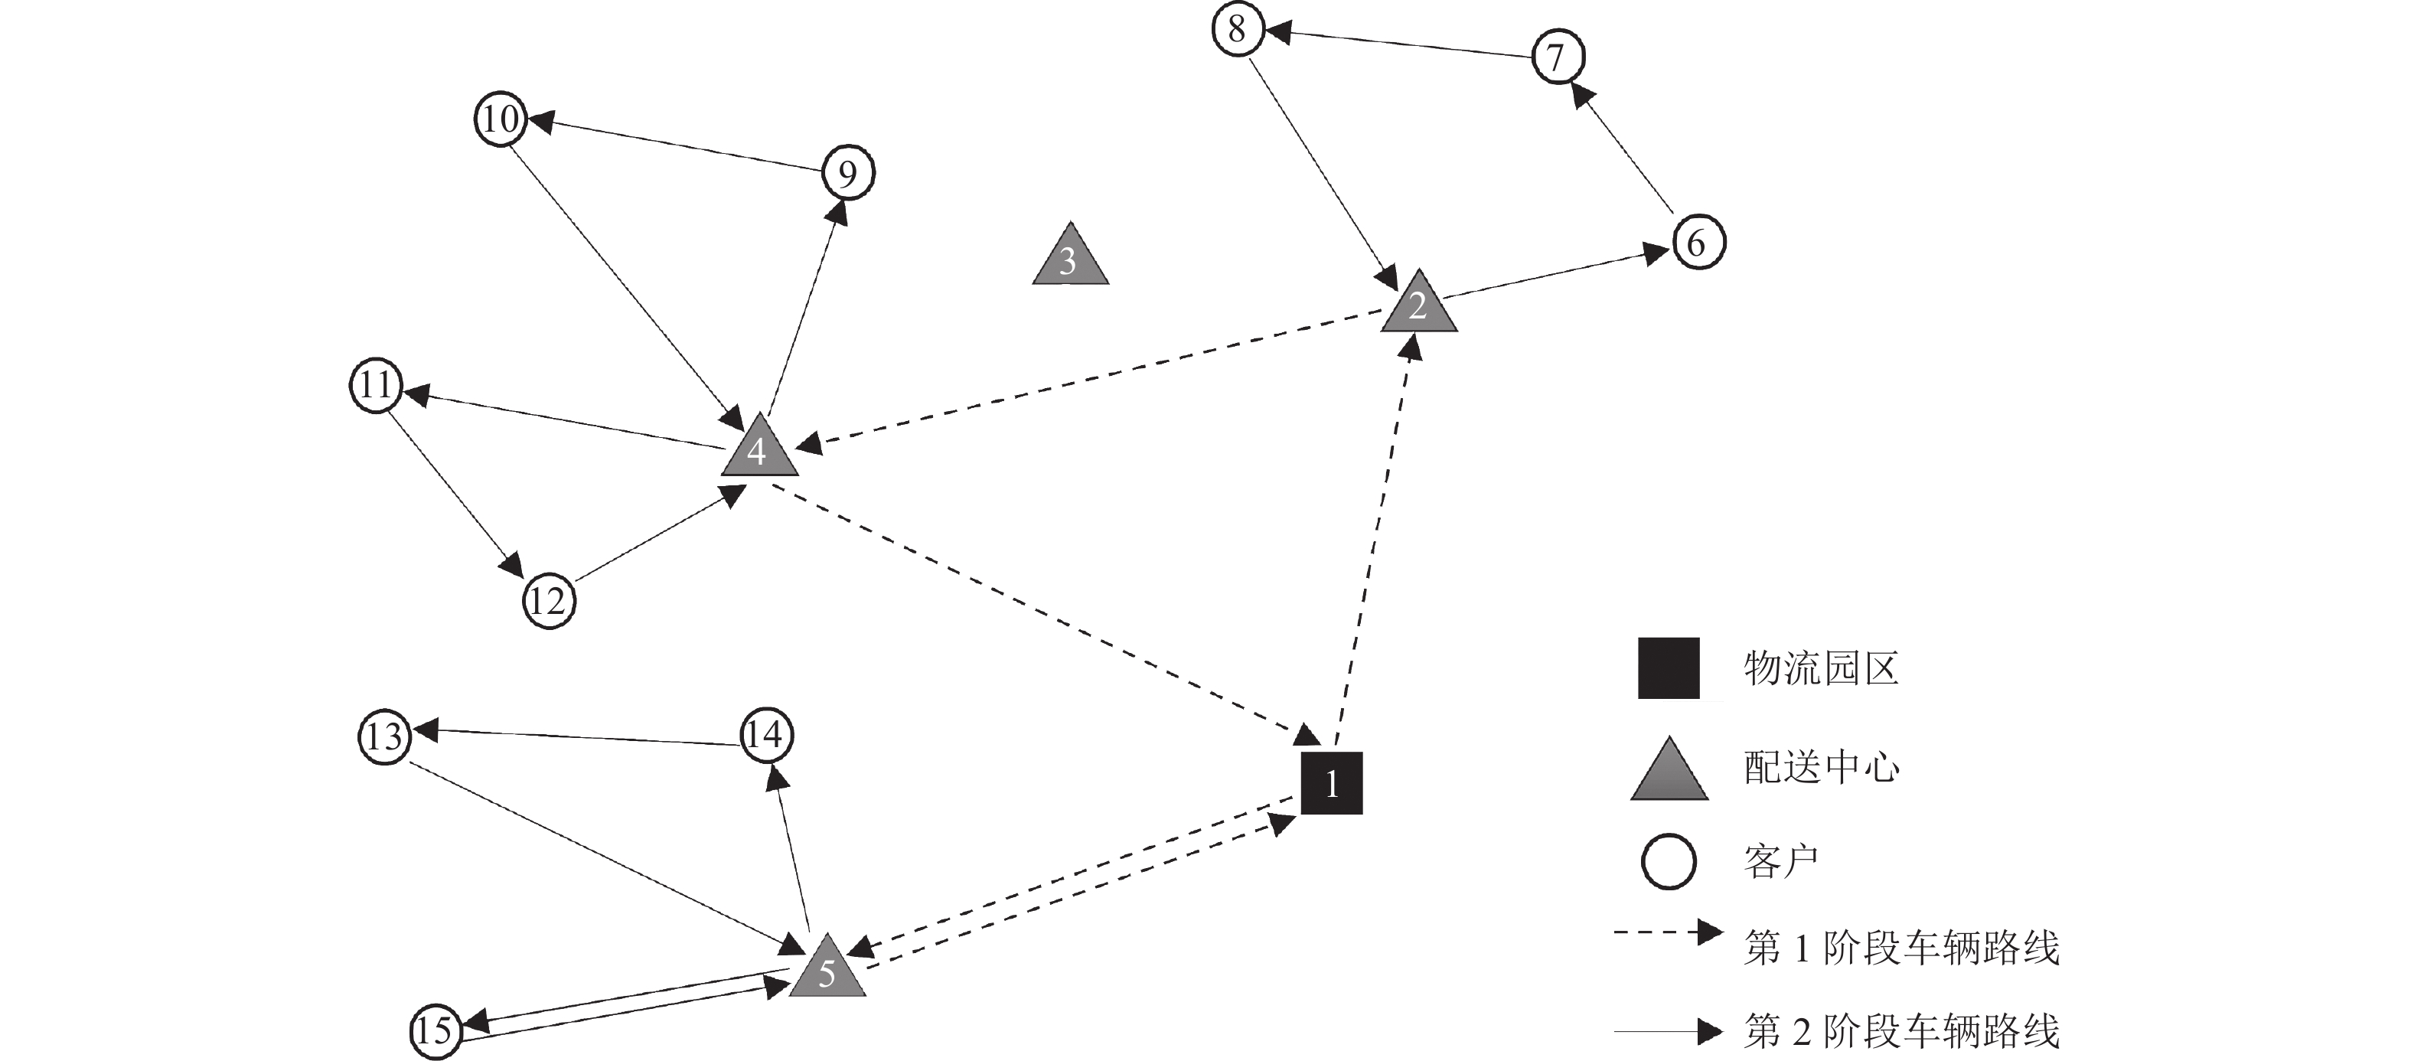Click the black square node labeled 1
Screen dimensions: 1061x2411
[1331, 783]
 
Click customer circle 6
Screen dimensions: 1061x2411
[1698, 243]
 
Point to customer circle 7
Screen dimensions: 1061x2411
[1558, 56]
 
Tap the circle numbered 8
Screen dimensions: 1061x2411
[1238, 29]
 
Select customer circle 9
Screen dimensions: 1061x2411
[848, 173]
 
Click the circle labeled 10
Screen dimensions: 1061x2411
[501, 119]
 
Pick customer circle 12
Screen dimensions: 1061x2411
[549, 600]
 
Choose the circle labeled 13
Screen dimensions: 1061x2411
[385, 737]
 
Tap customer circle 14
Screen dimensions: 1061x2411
[766, 734]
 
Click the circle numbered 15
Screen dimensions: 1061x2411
[436, 1030]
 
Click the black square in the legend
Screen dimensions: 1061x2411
[1668, 668]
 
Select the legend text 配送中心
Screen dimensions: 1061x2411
[1820, 768]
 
